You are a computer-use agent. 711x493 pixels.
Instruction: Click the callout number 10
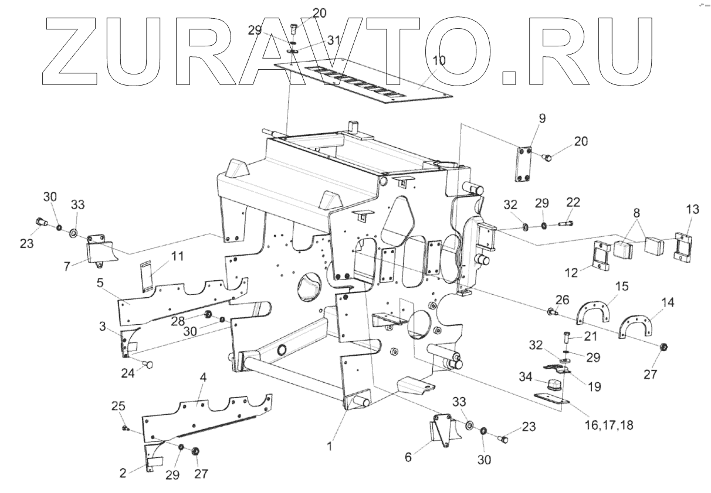[439, 60]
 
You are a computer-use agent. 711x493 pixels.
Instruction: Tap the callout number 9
[541, 118]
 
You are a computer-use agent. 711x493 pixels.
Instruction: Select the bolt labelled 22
[562, 223]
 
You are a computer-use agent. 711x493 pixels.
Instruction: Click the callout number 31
[334, 40]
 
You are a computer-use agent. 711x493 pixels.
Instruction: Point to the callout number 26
[562, 299]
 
